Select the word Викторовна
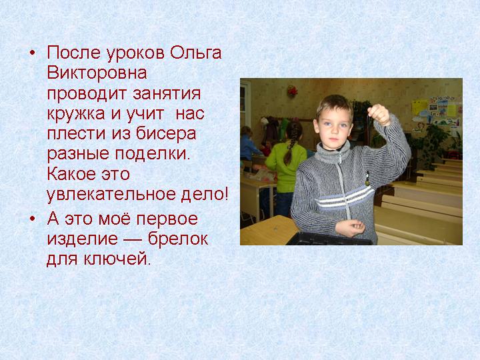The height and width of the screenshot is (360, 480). tap(97, 73)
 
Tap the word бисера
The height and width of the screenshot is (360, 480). tap(166, 134)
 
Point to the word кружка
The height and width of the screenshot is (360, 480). tap(76, 114)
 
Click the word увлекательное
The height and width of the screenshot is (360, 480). tap(112, 195)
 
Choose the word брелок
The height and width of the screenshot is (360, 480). tap(178, 238)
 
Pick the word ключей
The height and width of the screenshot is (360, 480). tap(117, 259)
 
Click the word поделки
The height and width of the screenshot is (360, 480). tap(152, 154)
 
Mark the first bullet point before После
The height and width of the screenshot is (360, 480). tap(32, 54)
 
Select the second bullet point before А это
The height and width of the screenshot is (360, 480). tap(32, 220)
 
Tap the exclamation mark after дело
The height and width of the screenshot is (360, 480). tap(226, 194)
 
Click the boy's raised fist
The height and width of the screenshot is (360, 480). tap(379, 115)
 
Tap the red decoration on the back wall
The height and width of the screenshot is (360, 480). tap(292, 91)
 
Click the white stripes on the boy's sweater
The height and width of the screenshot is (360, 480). tap(345, 197)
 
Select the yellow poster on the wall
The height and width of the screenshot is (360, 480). tap(419, 107)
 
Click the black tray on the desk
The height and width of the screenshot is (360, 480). tap(329, 239)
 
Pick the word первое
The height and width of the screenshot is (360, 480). tap(167, 220)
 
